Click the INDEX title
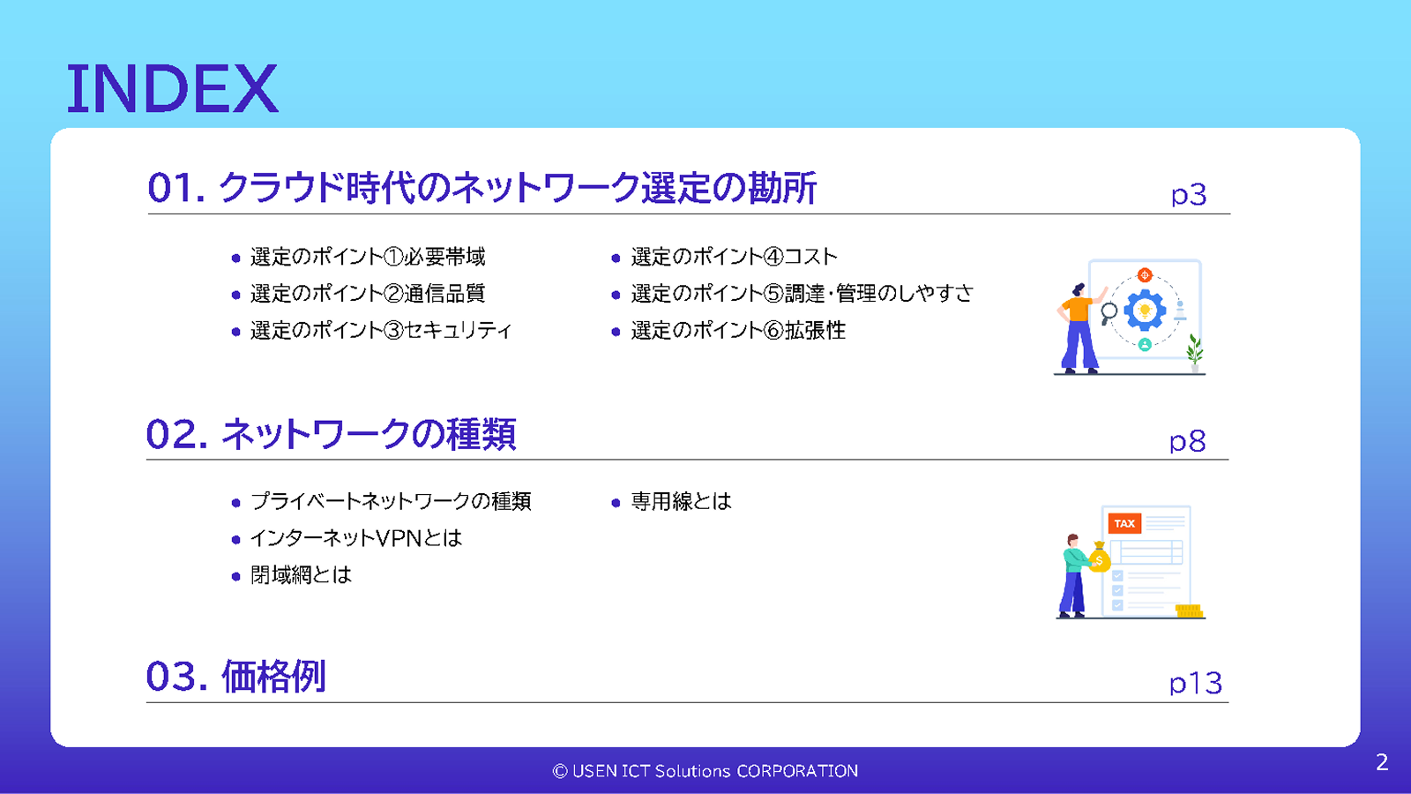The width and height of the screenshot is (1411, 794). pyautogui.click(x=172, y=88)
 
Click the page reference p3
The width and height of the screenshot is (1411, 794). pyautogui.click(x=1188, y=194)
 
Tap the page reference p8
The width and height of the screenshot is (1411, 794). pyautogui.click(x=1187, y=441)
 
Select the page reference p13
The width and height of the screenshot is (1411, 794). pyautogui.click(x=1195, y=683)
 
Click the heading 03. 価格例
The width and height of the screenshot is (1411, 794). pyautogui.click(x=235, y=677)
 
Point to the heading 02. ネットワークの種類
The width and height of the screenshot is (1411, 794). pyautogui.click(x=331, y=434)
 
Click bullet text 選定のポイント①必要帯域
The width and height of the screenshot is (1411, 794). pyautogui.click(x=367, y=257)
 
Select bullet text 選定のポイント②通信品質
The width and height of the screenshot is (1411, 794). pyautogui.click(x=367, y=294)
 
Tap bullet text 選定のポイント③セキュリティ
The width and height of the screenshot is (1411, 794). pyautogui.click(x=380, y=331)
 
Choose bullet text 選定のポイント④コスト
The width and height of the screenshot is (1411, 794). pyautogui.click(x=734, y=257)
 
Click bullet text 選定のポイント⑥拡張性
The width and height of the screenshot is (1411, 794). pyautogui.click(x=737, y=331)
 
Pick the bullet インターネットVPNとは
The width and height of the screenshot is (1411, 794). pyautogui.click(x=355, y=538)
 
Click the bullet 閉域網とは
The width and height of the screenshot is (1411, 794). pyautogui.click(x=301, y=575)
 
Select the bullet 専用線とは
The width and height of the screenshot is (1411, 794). pyautogui.click(x=681, y=502)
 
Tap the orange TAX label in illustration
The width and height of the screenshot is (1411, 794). pyautogui.click(x=1124, y=523)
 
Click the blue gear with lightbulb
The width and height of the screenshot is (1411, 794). pyautogui.click(x=1145, y=310)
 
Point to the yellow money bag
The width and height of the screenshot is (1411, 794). pyautogui.click(x=1099, y=558)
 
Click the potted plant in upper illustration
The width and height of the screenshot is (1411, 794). pyautogui.click(x=1195, y=352)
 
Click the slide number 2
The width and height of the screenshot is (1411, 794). pyautogui.click(x=1382, y=762)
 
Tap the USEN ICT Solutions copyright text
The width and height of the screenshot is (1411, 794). pyautogui.click(x=705, y=771)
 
